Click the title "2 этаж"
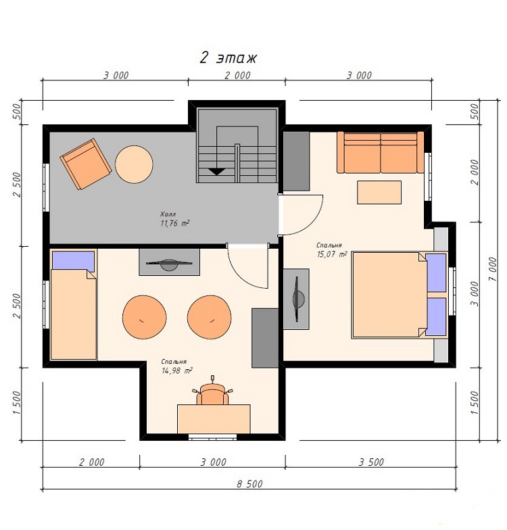(228, 58)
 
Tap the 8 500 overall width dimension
(249, 484)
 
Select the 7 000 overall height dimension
(492, 269)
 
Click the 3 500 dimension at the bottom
(371, 462)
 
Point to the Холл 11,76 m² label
(174, 219)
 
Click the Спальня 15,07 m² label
(331, 250)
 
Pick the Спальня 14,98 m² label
(177, 366)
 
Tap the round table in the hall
(134, 164)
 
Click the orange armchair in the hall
(86, 164)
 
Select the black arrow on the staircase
(216, 172)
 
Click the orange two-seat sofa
(380, 152)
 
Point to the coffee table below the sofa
(379, 192)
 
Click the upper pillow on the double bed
(436, 272)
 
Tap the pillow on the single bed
(73, 261)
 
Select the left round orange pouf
(145, 317)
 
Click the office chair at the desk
(212, 392)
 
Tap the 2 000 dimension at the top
(237, 75)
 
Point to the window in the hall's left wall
(46, 188)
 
